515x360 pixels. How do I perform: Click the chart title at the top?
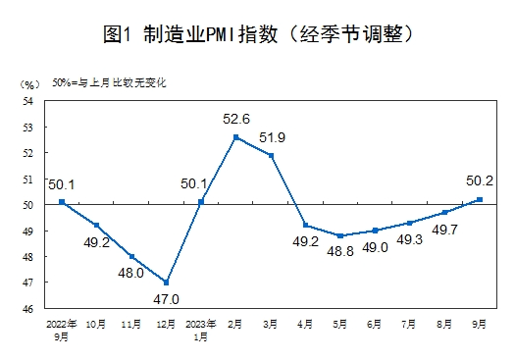click(257, 34)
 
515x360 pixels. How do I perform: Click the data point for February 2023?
click(235, 137)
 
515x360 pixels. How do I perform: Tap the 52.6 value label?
click(235, 120)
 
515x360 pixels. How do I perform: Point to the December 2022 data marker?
click(166, 283)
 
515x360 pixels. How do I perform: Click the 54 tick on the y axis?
click(28, 101)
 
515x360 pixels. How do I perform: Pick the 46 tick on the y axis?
click(28, 308)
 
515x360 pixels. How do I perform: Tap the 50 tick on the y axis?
click(28, 205)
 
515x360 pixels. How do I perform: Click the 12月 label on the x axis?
click(166, 322)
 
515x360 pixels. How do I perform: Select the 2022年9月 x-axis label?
click(61, 328)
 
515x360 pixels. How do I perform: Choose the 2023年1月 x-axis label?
click(201, 328)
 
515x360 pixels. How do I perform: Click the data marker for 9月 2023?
click(480, 199)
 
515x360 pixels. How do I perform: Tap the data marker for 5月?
click(340, 236)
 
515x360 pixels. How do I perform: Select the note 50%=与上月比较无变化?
click(109, 83)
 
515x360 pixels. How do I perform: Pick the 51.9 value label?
click(273, 137)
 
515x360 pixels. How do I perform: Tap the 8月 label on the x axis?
click(444, 322)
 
